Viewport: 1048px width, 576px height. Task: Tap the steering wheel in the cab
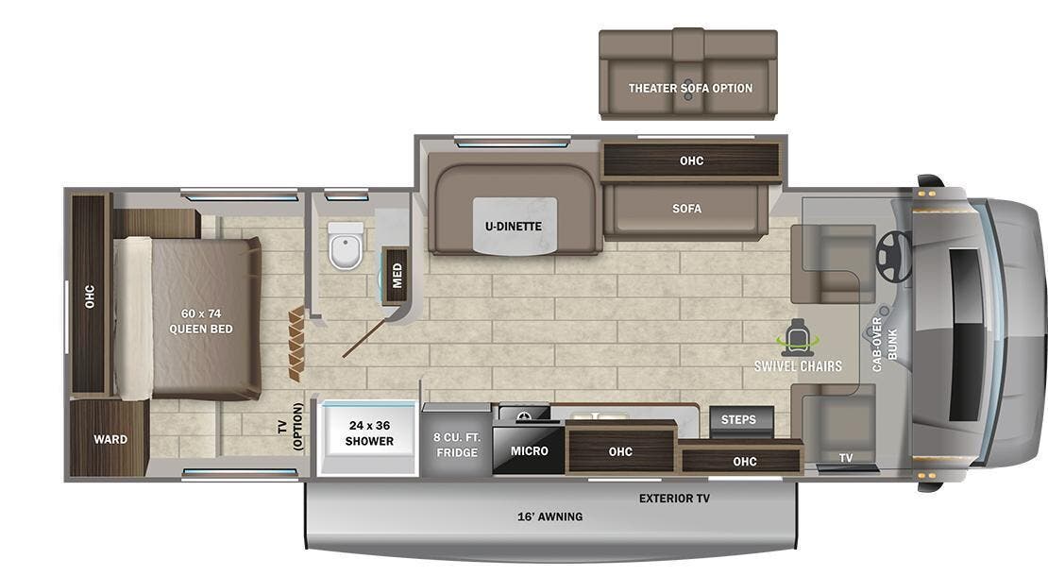[893, 255]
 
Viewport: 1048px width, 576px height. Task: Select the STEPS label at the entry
[738, 419]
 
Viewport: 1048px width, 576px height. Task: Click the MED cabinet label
[397, 275]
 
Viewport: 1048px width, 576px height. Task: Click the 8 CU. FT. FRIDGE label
[456, 445]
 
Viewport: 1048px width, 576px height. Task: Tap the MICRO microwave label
[529, 451]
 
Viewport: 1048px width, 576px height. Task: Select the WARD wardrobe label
[110, 439]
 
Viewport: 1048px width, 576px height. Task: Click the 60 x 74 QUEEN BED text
[201, 321]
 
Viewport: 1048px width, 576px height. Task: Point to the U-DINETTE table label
[515, 226]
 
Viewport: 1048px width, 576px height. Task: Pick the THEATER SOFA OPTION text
[690, 89]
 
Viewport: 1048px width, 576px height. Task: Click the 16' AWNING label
[549, 517]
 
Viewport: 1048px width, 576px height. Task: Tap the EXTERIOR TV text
[674, 498]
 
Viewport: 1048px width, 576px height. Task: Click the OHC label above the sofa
[691, 161]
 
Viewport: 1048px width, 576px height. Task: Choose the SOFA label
[686, 209]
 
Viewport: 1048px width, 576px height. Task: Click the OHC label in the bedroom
[90, 296]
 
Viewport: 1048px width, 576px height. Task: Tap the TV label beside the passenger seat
[846, 458]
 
